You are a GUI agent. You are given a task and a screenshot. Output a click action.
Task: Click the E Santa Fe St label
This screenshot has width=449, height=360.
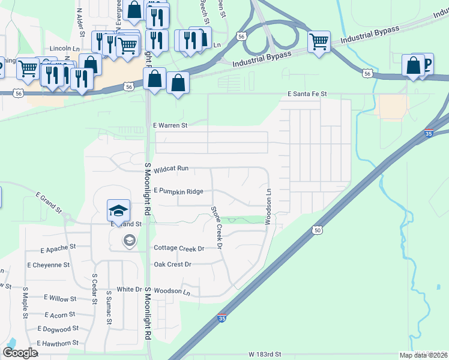point(307,94)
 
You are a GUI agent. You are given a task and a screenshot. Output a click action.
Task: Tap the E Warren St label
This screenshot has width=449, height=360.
point(171,126)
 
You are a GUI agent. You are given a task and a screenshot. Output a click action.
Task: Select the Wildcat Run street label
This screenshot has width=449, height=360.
point(171,170)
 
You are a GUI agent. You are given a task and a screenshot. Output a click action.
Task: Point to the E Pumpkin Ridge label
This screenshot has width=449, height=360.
point(178,191)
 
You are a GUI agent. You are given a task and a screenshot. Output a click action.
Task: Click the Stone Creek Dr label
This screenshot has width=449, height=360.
point(216,227)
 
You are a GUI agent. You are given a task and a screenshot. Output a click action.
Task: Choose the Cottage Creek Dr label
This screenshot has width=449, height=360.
point(179,248)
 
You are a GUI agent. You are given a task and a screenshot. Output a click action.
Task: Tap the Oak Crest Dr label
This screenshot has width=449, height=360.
point(172,265)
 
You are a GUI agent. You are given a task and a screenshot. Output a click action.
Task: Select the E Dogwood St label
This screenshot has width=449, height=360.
point(58,329)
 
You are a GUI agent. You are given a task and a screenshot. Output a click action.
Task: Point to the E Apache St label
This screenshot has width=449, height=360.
point(58,247)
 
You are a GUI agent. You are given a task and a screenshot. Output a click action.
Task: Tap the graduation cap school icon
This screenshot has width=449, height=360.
point(118,210)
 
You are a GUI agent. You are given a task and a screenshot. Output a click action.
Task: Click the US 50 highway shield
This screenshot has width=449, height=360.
point(317,229)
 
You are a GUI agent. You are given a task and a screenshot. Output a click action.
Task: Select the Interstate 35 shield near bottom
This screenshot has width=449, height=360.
point(222,319)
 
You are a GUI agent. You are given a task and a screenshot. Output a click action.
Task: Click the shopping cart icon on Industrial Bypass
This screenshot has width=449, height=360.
point(319,41)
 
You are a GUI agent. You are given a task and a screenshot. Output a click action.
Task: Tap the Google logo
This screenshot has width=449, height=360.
point(20,353)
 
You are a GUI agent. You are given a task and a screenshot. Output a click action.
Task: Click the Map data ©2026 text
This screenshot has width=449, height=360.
point(423,355)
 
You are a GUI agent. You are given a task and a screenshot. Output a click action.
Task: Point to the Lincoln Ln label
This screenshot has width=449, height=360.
point(65,48)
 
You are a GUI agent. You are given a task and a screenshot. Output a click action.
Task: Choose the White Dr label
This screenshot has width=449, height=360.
point(128,289)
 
